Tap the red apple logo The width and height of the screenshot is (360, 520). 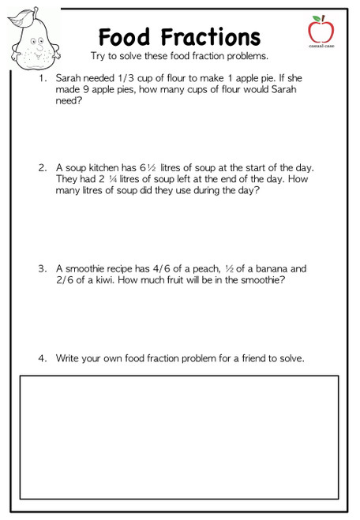tap(321, 30)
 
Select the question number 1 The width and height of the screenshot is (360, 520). tap(42, 80)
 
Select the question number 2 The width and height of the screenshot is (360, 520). tap(42, 168)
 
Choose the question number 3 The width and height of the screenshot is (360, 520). tap(42, 269)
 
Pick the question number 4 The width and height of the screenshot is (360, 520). tap(42, 359)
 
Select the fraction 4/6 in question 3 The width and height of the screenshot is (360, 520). tap(161, 269)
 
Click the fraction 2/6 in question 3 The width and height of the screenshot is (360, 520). tap(66, 280)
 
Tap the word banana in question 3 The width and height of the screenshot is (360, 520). tap(272, 269)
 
